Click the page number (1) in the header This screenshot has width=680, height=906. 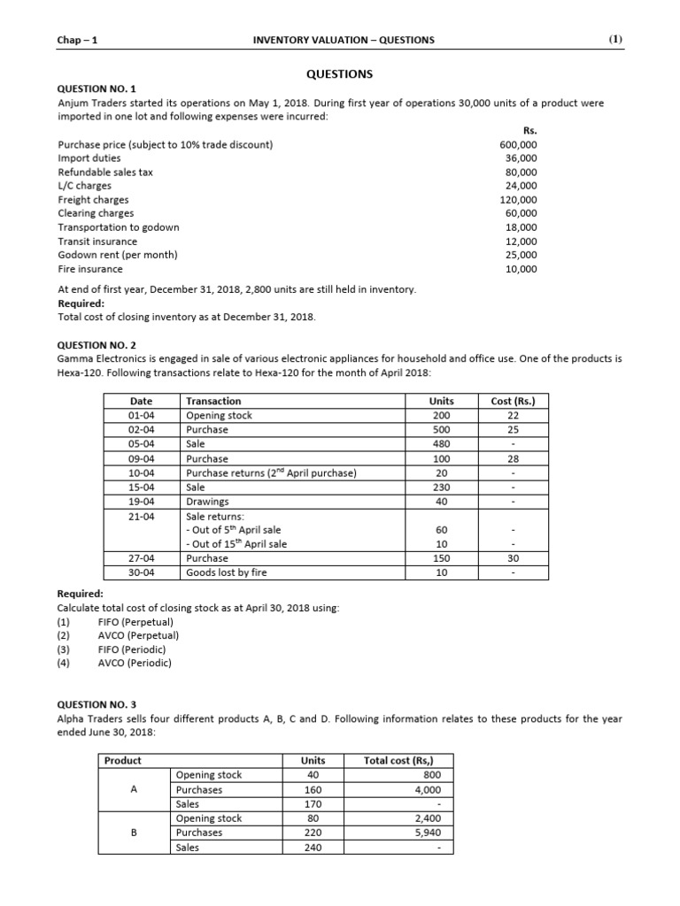pyautogui.click(x=615, y=40)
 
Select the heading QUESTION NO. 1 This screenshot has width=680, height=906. pyautogui.click(x=97, y=89)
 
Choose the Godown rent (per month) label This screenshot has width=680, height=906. pyautogui.click(x=118, y=255)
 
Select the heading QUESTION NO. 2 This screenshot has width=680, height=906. pyautogui.click(x=97, y=345)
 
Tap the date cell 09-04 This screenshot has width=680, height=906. pyautogui.click(x=142, y=458)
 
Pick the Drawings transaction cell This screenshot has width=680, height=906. pyautogui.click(x=207, y=502)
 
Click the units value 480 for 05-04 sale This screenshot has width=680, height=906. pyautogui.click(x=442, y=444)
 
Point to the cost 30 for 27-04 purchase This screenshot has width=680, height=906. pyautogui.click(x=513, y=558)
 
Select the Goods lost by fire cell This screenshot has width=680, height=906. pyautogui.click(x=227, y=572)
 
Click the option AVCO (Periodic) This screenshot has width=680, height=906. pyautogui.click(x=135, y=663)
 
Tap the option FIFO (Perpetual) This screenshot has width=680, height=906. pyautogui.click(x=135, y=622)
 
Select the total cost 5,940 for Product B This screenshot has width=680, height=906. pyautogui.click(x=422, y=833)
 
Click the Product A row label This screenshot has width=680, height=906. pyautogui.click(x=133, y=789)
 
